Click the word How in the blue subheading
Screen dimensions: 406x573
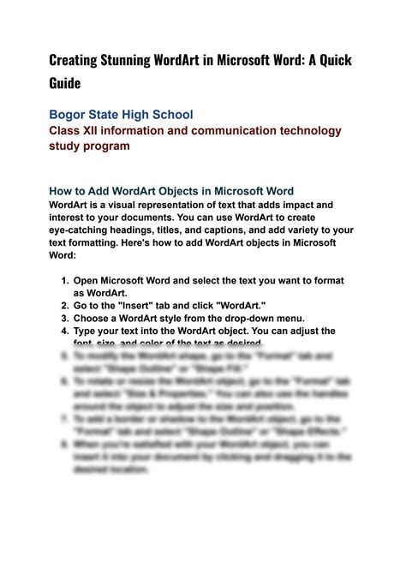(x=62, y=191)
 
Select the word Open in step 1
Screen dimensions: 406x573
(x=87, y=281)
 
